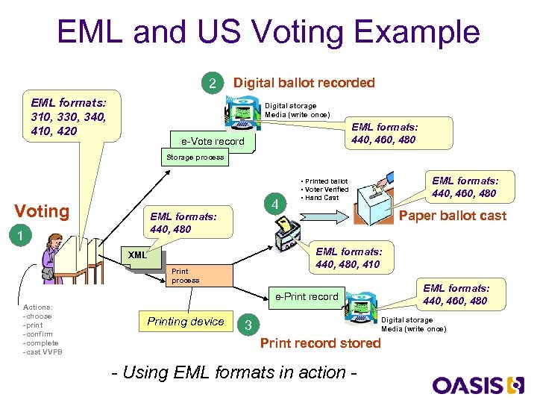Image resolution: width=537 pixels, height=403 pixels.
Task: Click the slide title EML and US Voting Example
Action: point(268,33)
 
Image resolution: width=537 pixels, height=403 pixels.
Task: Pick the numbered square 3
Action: point(248,325)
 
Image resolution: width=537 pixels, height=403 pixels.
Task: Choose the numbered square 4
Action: point(275,204)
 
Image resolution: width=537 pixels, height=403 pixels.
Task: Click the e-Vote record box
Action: point(213,141)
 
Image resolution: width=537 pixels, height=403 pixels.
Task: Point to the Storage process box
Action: point(194,157)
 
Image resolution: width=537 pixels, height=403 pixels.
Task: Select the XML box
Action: point(137,255)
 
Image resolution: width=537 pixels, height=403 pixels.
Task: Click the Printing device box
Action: point(185,322)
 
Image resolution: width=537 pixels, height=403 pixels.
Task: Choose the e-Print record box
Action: point(307,296)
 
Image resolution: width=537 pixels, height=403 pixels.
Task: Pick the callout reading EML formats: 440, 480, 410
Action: point(348,257)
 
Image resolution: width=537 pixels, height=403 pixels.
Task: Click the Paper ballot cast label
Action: point(453,216)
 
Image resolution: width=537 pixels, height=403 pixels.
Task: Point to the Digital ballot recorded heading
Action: point(304,83)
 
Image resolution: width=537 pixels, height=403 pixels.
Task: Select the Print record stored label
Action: point(320,343)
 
